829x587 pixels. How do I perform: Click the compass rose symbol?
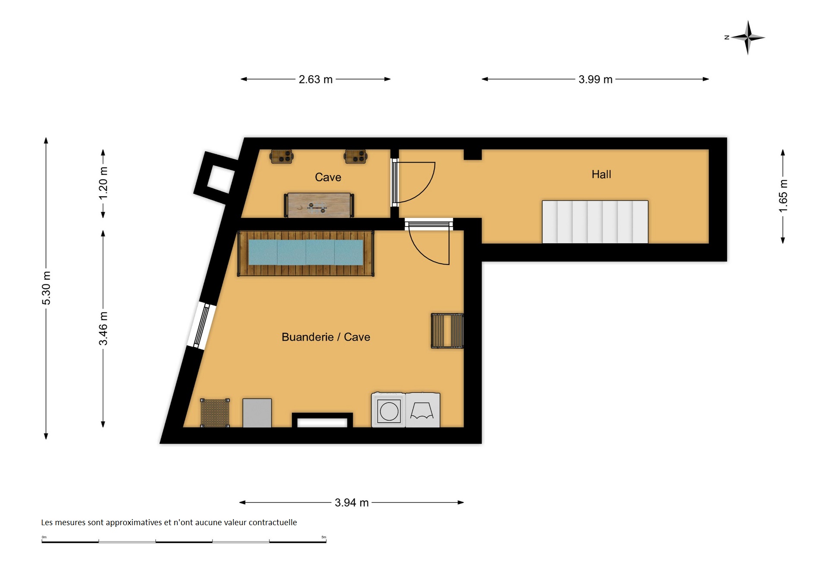[748, 38]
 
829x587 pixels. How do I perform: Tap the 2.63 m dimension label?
[316, 80]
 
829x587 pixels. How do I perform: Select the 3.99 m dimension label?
[595, 80]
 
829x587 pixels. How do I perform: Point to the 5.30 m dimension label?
[46, 288]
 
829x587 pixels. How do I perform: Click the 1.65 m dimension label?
[783, 196]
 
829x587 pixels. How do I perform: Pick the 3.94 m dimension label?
[351, 503]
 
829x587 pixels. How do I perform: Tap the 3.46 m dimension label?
[103, 329]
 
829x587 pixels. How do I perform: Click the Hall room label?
[601, 174]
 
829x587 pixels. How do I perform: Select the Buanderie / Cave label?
[326, 337]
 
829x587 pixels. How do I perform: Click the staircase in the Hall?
[595, 222]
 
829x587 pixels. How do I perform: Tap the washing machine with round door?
[389, 410]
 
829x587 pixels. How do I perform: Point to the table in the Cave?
[319, 205]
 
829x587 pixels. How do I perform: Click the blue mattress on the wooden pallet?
[306, 252]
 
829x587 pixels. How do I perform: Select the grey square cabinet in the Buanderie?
[257, 413]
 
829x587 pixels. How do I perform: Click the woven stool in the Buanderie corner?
[215, 413]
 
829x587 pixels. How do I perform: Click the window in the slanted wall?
[201, 325]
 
